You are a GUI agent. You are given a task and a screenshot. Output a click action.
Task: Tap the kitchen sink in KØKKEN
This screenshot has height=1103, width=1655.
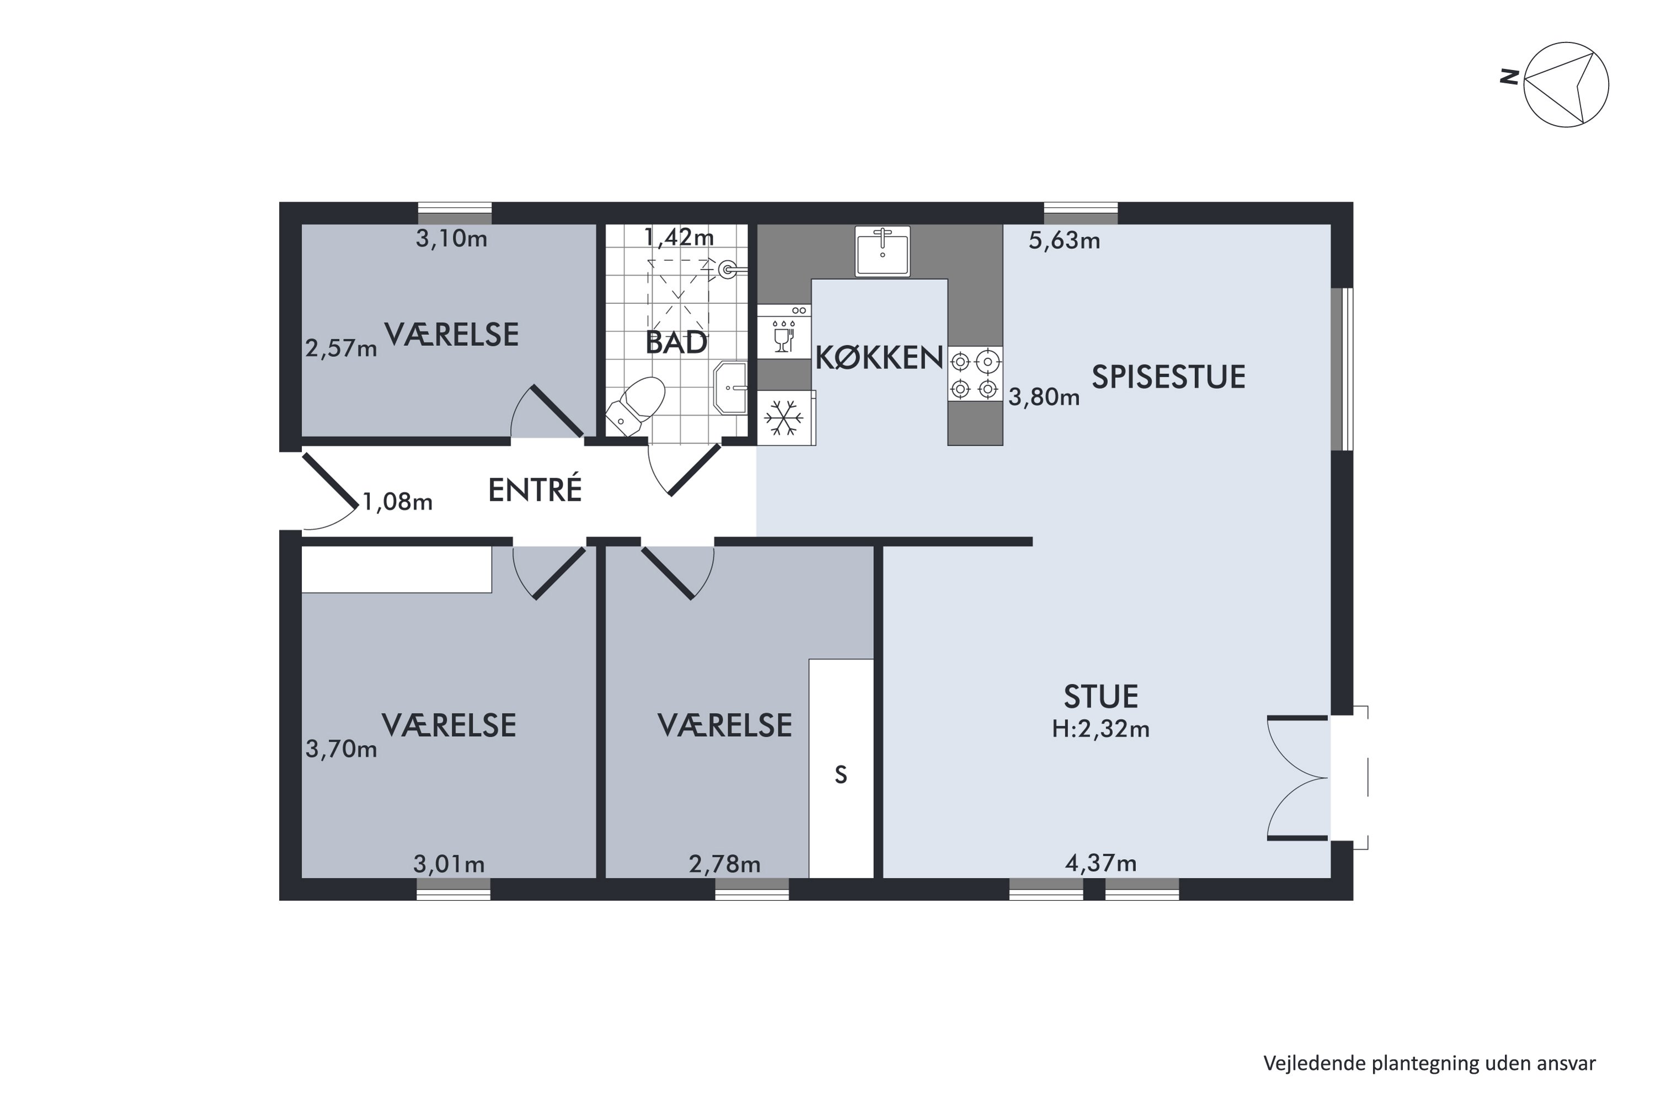click(882, 251)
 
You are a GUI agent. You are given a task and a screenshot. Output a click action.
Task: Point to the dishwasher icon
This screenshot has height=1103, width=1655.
click(784, 331)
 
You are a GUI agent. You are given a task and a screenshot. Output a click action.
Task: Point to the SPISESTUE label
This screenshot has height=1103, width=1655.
click(1168, 377)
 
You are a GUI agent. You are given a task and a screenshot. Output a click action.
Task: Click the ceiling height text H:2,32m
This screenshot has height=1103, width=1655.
click(1101, 729)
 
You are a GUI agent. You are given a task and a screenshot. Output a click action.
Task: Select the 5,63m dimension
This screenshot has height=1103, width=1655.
click(1064, 240)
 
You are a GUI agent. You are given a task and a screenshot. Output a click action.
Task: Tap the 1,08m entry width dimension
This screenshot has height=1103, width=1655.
click(397, 501)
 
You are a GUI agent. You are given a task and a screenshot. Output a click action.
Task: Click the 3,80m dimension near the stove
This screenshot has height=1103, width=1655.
click(1044, 398)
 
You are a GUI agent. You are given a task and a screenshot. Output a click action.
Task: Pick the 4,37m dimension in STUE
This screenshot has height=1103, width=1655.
click(1101, 863)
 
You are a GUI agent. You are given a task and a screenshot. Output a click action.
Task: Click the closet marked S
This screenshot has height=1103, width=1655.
click(841, 768)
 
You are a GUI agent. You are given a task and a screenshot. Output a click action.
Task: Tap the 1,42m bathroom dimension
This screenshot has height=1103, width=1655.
click(679, 237)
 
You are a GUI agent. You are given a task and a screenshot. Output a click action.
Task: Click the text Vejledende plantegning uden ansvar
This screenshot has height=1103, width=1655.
click(1429, 1064)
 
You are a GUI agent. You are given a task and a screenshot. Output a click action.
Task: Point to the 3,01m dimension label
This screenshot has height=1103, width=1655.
click(449, 864)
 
